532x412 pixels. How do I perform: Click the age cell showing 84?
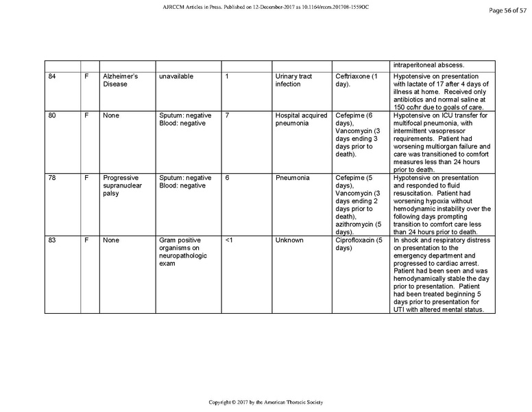[52, 76]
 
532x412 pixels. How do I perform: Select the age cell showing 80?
[52, 115]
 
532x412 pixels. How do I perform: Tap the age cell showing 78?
[52, 178]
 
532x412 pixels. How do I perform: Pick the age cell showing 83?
[52, 240]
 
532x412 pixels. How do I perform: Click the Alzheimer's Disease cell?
[120, 80]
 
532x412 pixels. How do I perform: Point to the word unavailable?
[176, 76]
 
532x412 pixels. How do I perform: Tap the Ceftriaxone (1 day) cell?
[356, 80]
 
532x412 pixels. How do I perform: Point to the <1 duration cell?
[230, 240]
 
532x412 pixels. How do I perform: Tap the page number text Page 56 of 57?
[504, 10]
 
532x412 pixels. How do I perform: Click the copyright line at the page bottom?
[266, 402]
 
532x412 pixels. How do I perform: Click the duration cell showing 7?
[227, 115]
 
